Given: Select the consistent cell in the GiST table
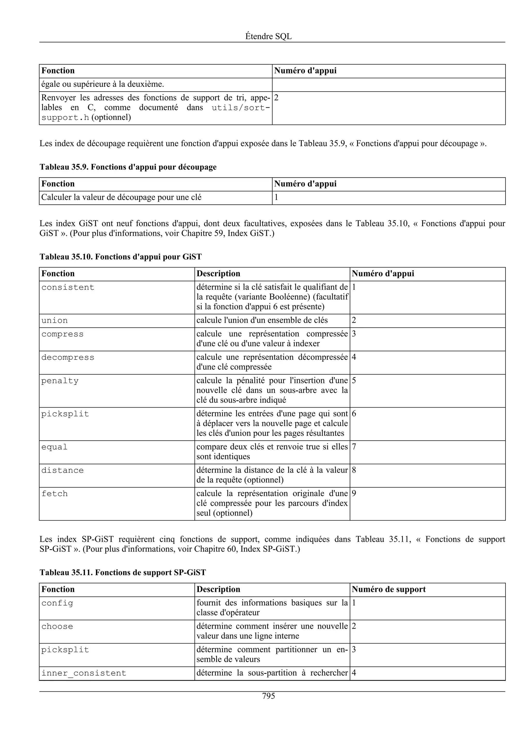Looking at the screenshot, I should pyautogui.click(x=68, y=287).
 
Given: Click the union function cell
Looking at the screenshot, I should pyautogui.click(x=55, y=321).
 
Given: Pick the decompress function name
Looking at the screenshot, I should pyautogui.click(x=68, y=357).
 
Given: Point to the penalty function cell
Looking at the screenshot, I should pyautogui.click(x=60, y=381).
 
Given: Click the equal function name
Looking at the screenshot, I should pyautogui.click(x=55, y=447).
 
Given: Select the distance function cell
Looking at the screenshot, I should pyautogui.click(x=63, y=470).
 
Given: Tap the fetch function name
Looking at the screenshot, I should pyautogui.click(x=55, y=494).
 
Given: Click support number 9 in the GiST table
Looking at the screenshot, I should pyautogui.click(x=354, y=494).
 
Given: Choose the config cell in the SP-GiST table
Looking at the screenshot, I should pyautogui.click(x=57, y=603).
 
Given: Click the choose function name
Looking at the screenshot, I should pyautogui.click(x=57, y=627).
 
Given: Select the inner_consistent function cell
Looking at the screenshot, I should pyautogui.click(x=84, y=673).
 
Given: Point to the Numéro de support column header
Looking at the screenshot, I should pyautogui.click(x=388, y=590).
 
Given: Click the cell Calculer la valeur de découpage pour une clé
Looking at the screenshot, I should pyautogui.click(x=121, y=197).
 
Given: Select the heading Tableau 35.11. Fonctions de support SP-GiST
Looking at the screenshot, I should pyautogui.click(x=123, y=572).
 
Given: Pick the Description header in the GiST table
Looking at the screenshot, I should pyautogui.click(x=218, y=274).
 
